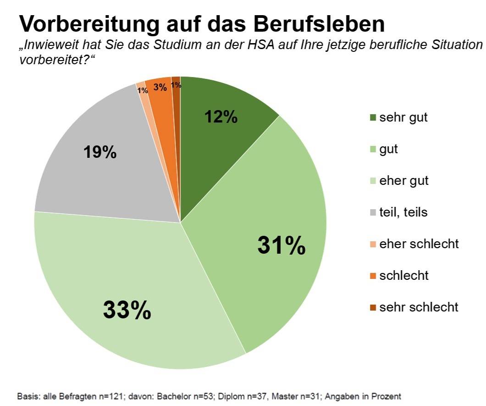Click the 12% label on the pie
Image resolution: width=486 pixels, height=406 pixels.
221,117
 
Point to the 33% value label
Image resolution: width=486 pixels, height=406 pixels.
127,311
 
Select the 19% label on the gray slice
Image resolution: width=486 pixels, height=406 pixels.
100,152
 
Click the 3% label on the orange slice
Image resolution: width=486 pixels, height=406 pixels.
160,87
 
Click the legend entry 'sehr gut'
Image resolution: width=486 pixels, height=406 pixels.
403,117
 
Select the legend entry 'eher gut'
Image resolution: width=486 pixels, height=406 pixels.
404,180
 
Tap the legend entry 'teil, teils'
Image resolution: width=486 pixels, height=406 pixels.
403,212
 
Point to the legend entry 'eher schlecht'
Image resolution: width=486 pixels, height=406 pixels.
419,244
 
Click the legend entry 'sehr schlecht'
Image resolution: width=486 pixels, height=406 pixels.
419,307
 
